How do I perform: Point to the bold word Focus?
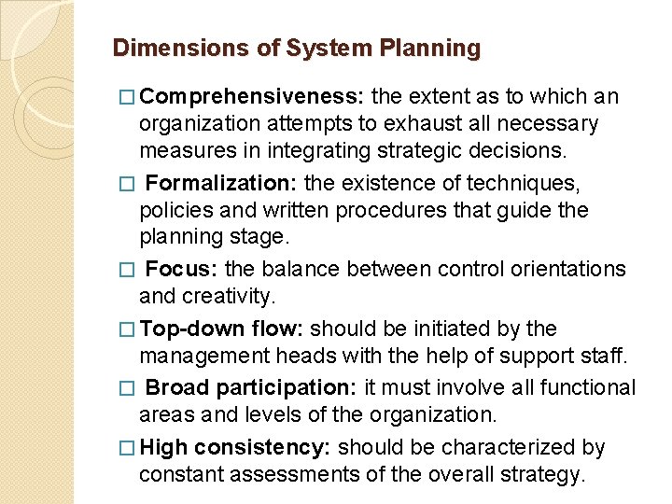click(x=182, y=269)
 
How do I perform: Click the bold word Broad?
click(x=177, y=387)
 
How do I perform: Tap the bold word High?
click(x=164, y=447)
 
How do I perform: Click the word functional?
click(x=580, y=387)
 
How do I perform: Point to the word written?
click(x=299, y=210)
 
